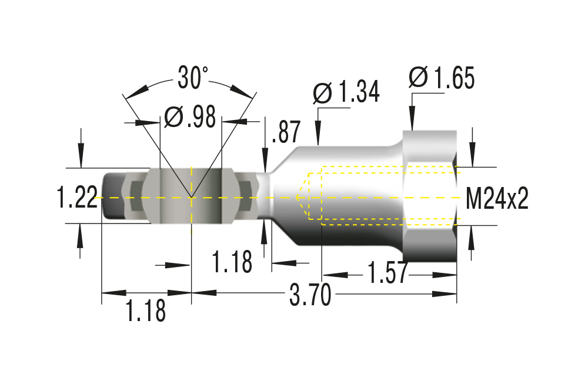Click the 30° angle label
[193, 78]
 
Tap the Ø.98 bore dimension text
[190, 117]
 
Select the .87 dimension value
[286, 132]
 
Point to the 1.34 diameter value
[359, 92]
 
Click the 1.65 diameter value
[455, 78]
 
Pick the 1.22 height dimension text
[77, 197]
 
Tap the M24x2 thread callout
[497, 198]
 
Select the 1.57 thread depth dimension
[387, 273]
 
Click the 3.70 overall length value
[310, 295]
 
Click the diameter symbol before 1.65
[419, 77]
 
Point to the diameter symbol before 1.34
[323, 92]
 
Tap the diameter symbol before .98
[173, 117]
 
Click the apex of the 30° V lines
[191, 197]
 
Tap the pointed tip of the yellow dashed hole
[296, 197]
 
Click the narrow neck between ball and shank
[265, 196]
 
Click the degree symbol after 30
[205, 69]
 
